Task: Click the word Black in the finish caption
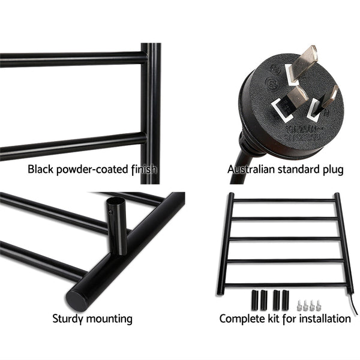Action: [41, 170]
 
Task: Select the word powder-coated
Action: [93, 170]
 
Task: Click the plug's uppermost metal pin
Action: [305, 57]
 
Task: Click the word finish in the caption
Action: [143, 170]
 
